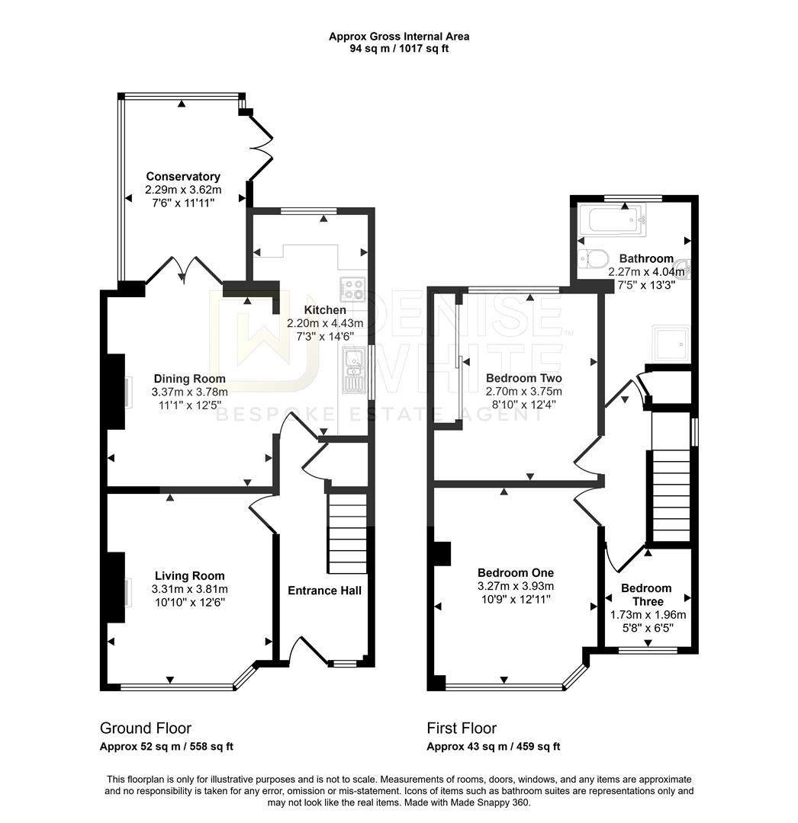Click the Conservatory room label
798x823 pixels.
(183, 177)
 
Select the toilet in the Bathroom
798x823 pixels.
(593, 258)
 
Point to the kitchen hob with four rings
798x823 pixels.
(352, 290)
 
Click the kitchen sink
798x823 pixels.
(354, 368)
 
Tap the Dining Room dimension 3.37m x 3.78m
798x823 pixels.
(189, 392)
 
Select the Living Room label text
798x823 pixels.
(189, 576)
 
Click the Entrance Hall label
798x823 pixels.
(324, 591)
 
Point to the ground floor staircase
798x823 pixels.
(347, 533)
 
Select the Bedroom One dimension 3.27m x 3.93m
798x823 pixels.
(515, 586)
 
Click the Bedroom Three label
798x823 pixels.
(646, 594)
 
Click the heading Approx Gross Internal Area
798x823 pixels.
(399, 36)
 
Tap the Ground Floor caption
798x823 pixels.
(146, 729)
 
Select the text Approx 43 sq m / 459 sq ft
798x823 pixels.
(493, 747)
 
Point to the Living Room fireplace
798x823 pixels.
(116, 579)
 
